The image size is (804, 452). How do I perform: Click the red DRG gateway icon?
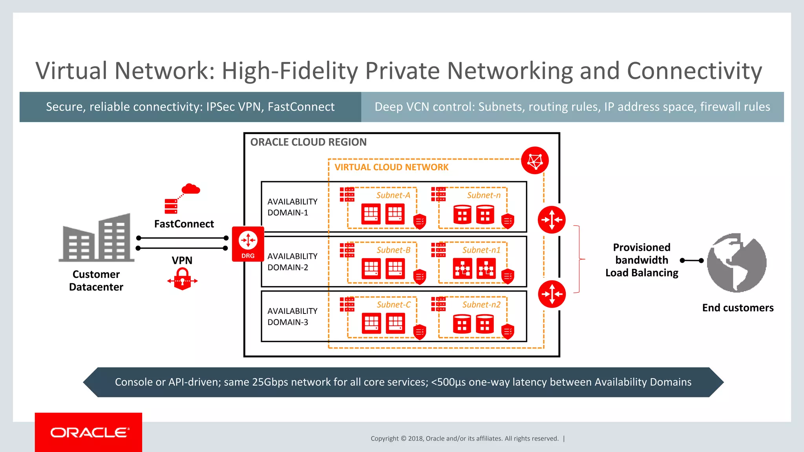248,243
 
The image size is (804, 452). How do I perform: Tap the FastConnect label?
184,224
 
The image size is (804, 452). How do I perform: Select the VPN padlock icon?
183,279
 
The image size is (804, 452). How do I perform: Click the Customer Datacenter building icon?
97,238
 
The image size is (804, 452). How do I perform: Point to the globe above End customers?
736,262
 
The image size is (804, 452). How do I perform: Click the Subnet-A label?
393,195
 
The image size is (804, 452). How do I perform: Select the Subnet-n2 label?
481,305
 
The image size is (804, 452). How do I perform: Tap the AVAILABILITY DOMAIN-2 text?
292,262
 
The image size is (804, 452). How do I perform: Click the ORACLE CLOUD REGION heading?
308,142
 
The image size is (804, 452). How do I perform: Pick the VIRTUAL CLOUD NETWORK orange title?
391,167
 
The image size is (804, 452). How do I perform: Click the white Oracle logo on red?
89,432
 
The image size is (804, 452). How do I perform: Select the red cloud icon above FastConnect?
191,189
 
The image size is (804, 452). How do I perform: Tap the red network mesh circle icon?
535,160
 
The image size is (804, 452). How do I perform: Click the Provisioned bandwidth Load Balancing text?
641,260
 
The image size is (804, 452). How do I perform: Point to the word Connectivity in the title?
694,71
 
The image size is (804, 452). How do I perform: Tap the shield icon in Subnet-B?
420,276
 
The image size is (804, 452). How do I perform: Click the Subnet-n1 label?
481,250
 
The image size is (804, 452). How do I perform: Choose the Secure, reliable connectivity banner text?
190,107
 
